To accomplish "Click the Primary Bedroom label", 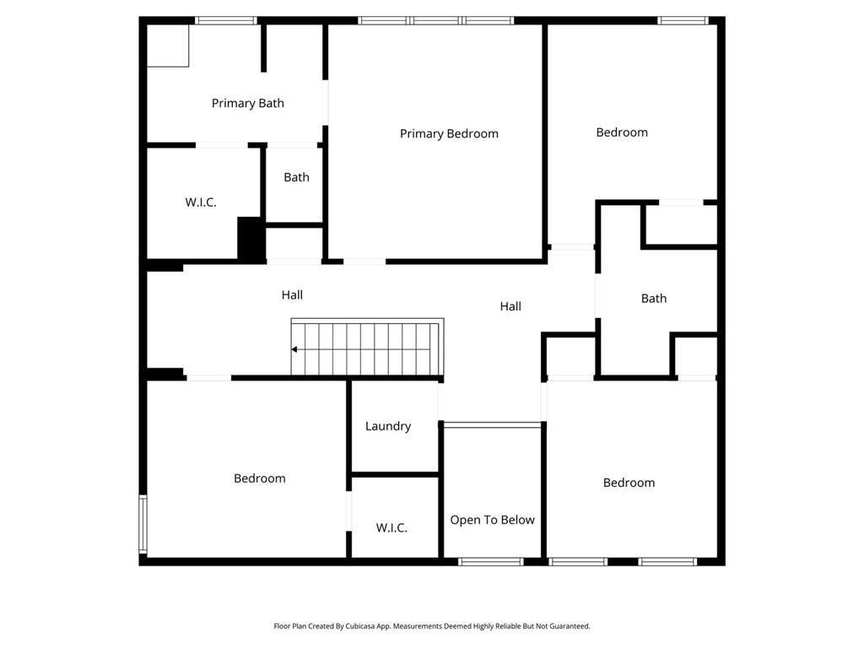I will [449, 133].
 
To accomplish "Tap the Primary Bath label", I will [247, 103].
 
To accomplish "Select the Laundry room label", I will [388, 426].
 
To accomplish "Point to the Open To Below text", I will [492, 520].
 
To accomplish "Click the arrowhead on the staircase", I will [294, 349].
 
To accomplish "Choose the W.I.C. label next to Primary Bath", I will [201, 202].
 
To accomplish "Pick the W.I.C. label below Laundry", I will [391, 527].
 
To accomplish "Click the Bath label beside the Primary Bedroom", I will [296, 177].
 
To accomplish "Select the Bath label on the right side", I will [654, 298].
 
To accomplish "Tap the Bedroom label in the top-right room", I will [622, 132].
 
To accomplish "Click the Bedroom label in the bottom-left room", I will [259, 478].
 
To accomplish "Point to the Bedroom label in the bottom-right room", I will [629, 483].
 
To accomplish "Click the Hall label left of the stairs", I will [292, 294].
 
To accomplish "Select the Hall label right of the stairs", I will [510, 306].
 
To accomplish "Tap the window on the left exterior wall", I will [143, 523].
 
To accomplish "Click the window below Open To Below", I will [491, 561].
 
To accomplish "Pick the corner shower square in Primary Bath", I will [168, 46].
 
